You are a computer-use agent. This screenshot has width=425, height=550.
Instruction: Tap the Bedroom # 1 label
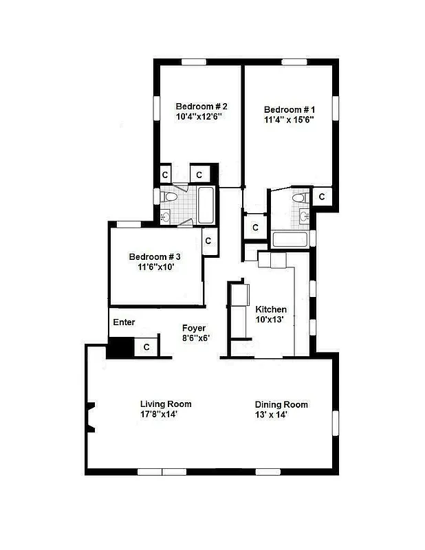click(x=290, y=109)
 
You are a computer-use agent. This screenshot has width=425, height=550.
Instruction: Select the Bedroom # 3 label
click(x=155, y=256)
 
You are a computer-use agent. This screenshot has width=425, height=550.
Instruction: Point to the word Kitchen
click(x=271, y=309)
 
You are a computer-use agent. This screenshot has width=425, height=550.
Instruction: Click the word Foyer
click(x=195, y=328)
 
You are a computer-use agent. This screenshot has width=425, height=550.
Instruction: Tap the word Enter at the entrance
click(x=124, y=322)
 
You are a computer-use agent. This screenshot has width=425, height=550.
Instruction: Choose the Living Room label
click(x=166, y=404)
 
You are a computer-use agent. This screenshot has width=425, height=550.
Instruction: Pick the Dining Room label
click(x=281, y=404)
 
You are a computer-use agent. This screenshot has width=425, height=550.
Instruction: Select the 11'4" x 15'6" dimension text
click(x=290, y=120)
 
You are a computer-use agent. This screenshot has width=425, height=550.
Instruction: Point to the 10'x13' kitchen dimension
click(x=271, y=320)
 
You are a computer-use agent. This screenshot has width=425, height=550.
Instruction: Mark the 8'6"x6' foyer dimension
click(x=195, y=338)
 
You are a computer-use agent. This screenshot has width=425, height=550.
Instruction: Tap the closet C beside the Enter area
click(x=146, y=348)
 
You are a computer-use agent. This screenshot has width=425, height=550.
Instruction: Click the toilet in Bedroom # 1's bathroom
click(x=298, y=198)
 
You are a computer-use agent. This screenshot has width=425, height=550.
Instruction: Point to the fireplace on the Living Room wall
click(x=89, y=417)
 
